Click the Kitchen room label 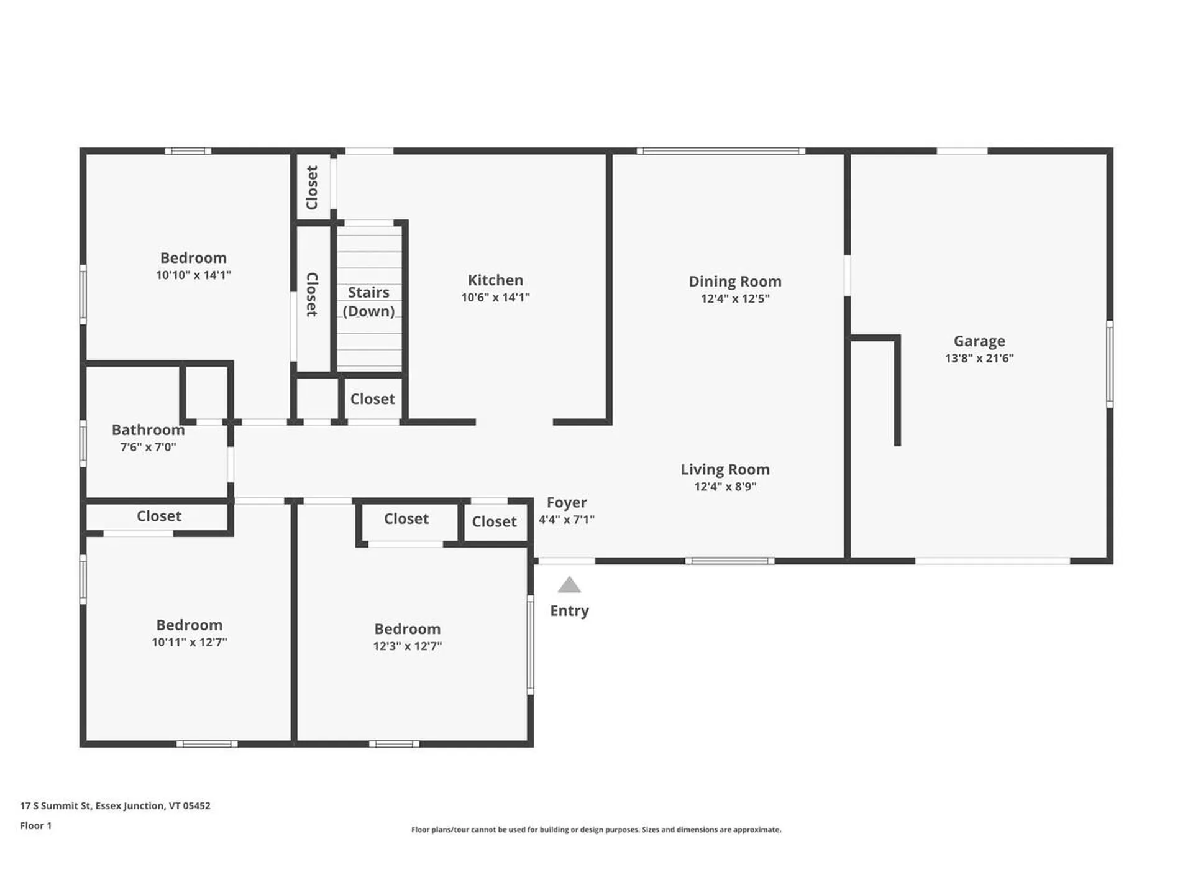495,280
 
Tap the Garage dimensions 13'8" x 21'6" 979,359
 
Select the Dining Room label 734,282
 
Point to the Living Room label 724,470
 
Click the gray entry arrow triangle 569,585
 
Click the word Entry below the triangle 569,611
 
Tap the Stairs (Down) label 368,301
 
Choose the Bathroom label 148,430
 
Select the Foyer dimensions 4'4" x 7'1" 566,520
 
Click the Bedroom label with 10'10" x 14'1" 193,258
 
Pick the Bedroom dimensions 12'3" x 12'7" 407,646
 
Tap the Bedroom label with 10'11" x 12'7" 189,625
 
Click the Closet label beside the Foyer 494,522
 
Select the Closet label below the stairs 372,399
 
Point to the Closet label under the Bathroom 159,516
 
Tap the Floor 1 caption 35,826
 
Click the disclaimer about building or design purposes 596,830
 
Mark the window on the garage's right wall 1110,364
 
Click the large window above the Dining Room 721,151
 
